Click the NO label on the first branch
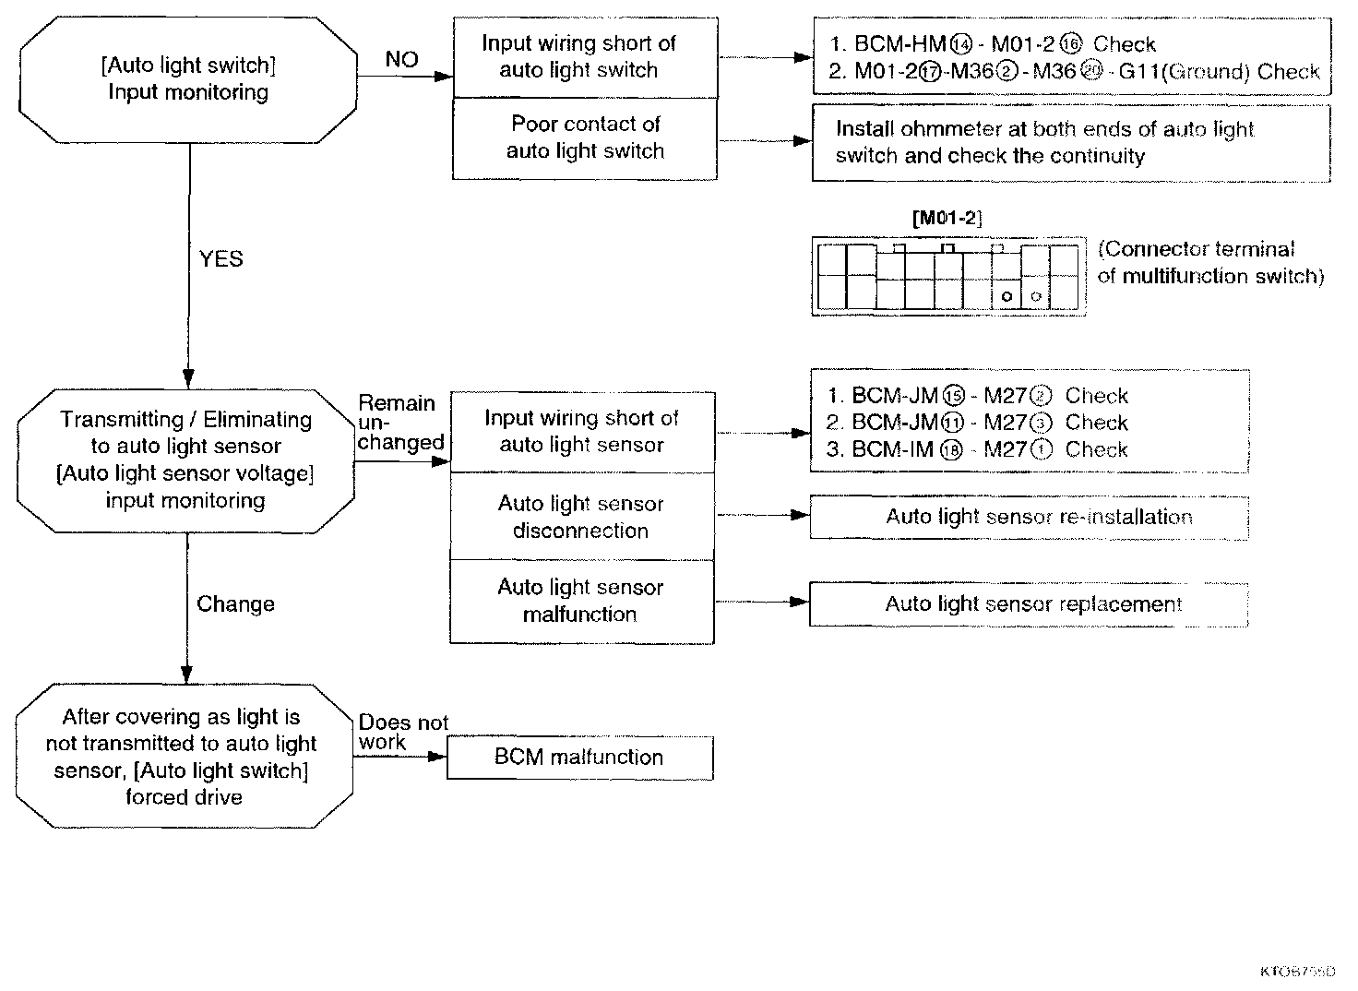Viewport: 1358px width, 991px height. tap(401, 60)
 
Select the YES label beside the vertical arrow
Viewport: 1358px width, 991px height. tap(221, 259)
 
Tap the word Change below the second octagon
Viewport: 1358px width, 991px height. tap(235, 604)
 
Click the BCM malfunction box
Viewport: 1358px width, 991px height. tap(579, 758)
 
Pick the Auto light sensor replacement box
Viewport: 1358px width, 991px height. tap(1029, 604)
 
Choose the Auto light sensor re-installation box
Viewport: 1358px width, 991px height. tap(1029, 518)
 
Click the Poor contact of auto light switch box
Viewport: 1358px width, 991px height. tap(585, 138)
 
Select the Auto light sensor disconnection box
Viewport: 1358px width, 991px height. tap(581, 517)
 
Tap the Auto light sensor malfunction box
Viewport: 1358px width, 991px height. tap(581, 601)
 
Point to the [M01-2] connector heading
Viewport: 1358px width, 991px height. tap(947, 219)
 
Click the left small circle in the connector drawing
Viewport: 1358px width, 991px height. tap(1007, 296)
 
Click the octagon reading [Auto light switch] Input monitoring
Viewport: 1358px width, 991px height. tap(188, 79)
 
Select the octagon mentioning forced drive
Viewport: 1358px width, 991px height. tap(185, 757)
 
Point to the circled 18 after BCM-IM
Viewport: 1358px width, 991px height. tap(950, 450)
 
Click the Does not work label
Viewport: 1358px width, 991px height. tap(402, 733)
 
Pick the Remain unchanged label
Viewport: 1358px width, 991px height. tap(399, 423)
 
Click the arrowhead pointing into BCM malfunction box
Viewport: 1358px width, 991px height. tap(437, 758)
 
